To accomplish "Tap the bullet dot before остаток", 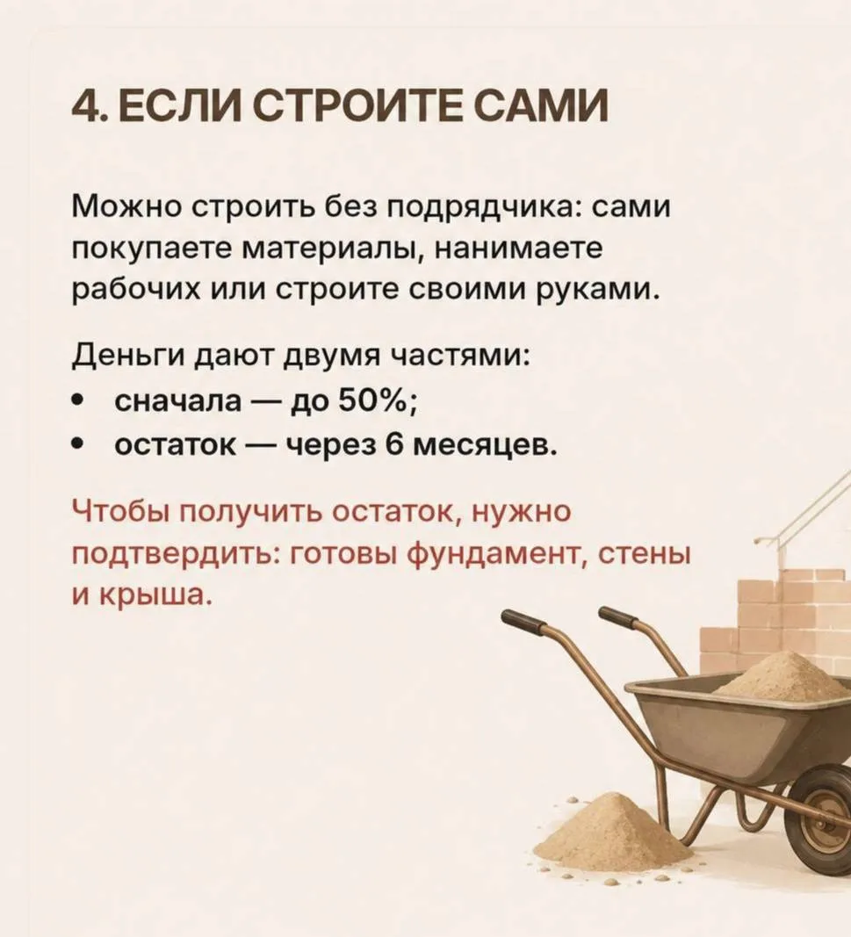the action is pos(76,444).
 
